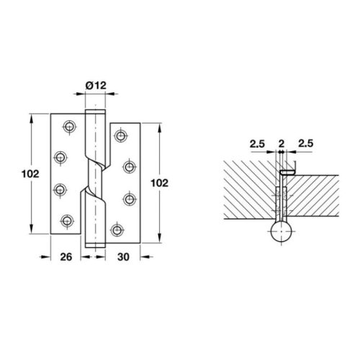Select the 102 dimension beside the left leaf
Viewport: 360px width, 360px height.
(20, 174)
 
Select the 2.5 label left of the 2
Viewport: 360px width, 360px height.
(259, 144)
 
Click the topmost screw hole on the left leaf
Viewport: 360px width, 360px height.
(69, 126)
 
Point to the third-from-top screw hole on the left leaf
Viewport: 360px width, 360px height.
(60, 189)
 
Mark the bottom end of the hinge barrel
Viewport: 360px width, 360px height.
(94, 246)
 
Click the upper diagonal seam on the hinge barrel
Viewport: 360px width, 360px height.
(94, 150)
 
